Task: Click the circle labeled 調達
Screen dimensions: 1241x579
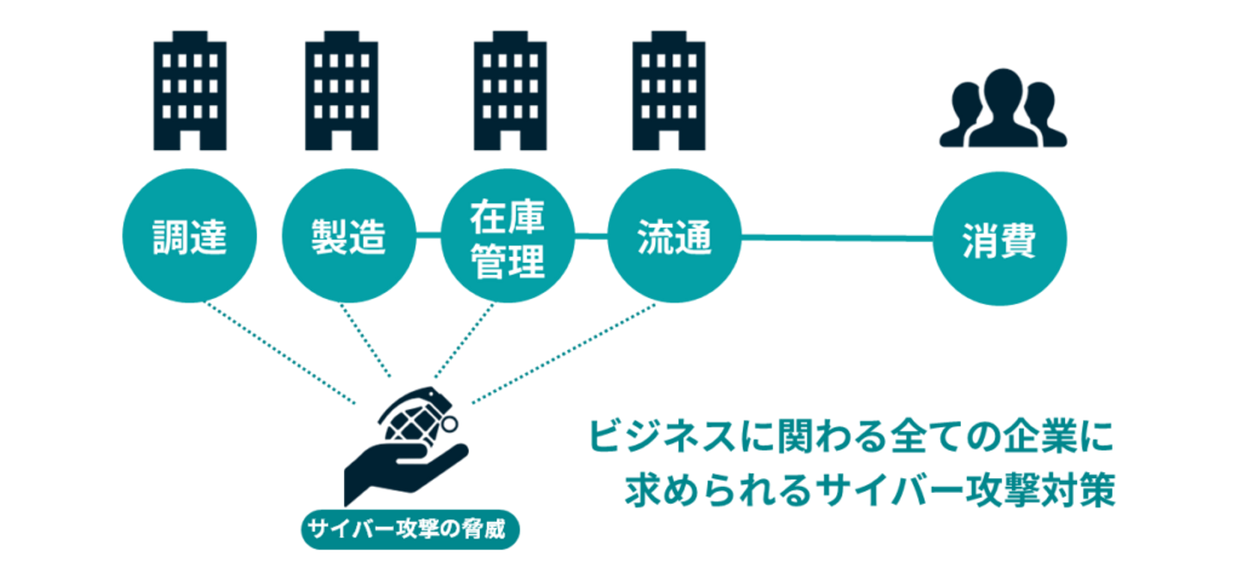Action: pos(189,238)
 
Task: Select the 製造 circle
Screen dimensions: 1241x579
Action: pos(347,238)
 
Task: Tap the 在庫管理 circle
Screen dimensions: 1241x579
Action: pos(508,238)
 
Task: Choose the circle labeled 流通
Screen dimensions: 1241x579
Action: pos(674,238)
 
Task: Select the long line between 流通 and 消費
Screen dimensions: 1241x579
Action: pos(836,234)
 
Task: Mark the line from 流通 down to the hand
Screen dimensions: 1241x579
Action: pos(564,354)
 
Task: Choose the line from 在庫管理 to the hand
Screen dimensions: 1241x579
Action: pos(464,340)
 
